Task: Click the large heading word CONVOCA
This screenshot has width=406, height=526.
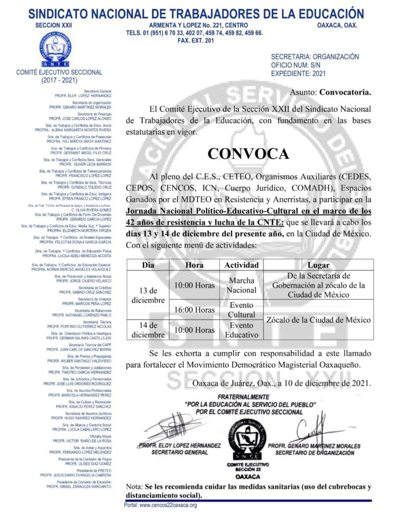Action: coord(248,153)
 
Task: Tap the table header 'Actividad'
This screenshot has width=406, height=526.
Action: coord(242,265)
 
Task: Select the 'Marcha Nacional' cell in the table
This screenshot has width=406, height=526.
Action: coord(242,285)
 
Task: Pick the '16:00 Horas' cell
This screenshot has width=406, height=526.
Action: coord(195,310)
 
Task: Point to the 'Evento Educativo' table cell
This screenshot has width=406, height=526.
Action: coord(242,330)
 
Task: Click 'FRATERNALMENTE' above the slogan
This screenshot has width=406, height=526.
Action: coord(250,396)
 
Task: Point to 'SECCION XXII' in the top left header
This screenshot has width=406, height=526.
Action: coord(53,25)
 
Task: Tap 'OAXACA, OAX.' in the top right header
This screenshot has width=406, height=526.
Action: coord(337,25)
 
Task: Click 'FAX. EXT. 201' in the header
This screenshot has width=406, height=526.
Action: coord(196,41)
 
